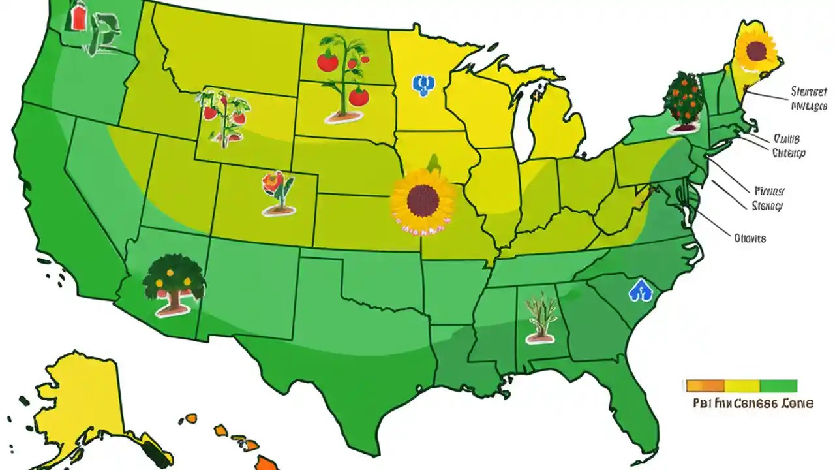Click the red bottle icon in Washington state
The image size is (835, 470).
(78, 18)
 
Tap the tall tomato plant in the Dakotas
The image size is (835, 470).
(342, 78)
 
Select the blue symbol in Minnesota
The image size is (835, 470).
(423, 85)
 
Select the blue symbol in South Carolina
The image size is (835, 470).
(640, 290)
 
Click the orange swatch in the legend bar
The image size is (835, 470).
(705, 386)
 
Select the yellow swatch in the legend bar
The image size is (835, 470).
(742, 386)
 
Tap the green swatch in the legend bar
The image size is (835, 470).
(779, 386)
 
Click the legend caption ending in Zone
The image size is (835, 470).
(753, 403)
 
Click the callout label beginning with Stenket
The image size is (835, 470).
(808, 98)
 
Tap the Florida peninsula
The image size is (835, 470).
(636, 411)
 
